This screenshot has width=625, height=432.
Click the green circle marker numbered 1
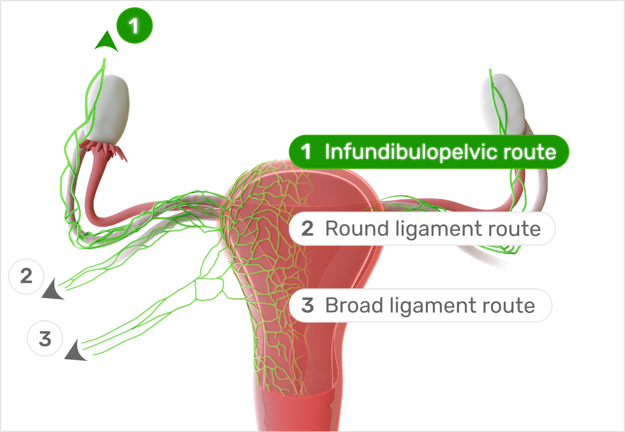pyautogui.click(x=134, y=26)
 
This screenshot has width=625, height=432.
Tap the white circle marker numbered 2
pyautogui.click(x=26, y=276)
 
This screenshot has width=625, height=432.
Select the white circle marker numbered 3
pyautogui.click(x=45, y=338)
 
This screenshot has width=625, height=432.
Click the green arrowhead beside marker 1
pyautogui.click(x=106, y=42)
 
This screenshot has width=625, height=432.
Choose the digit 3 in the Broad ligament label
pyautogui.click(x=307, y=305)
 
